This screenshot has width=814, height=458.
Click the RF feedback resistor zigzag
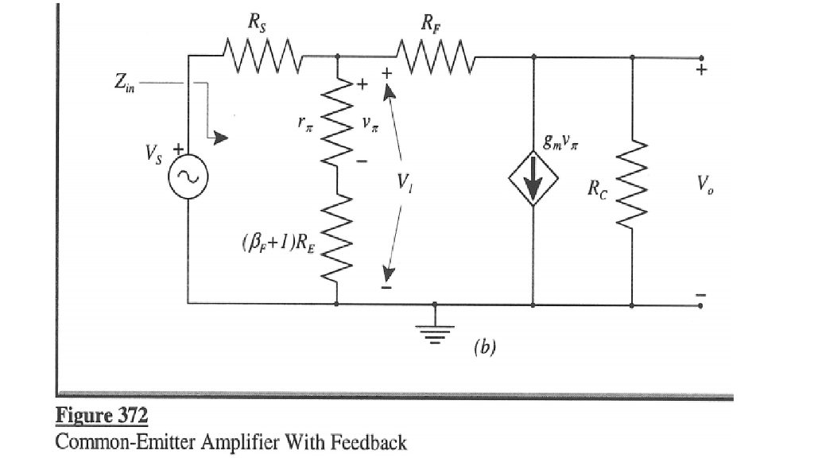[x=432, y=56]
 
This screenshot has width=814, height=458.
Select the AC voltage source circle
[x=188, y=182]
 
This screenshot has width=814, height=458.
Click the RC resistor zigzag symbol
[x=633, y=187]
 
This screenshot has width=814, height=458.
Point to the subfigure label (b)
[x=483, y=347]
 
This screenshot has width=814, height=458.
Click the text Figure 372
[x=102, y=416]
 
